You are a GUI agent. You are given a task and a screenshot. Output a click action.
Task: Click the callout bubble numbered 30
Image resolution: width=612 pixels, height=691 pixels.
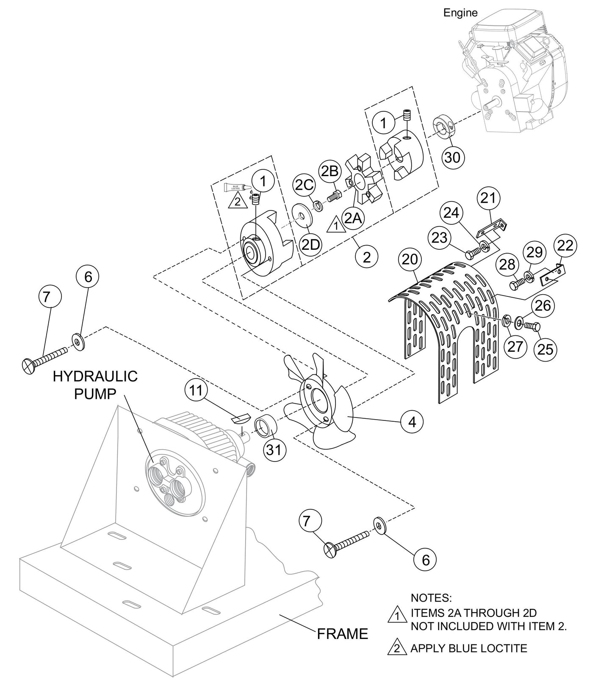tap(453, 157)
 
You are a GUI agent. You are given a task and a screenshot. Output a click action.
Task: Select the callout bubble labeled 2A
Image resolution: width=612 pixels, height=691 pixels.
tap(353, 218)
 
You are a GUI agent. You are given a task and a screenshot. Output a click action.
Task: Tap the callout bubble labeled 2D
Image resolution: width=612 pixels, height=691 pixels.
tap(310, 244)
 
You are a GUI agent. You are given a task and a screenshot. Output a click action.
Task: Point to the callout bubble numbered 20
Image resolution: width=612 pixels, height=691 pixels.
tap(410, 260)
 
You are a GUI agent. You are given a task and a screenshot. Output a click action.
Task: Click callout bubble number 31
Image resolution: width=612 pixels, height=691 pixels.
tap(273, 449)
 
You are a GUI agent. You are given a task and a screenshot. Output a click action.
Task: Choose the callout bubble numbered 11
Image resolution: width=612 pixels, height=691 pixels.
tap(196, 390)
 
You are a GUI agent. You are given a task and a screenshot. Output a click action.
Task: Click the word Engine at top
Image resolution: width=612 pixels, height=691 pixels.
tap(460, 13)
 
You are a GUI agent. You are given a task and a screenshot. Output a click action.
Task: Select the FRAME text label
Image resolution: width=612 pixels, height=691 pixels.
tap(342, 634)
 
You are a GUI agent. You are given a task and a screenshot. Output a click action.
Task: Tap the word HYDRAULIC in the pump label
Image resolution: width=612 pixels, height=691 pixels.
tap(95, 376)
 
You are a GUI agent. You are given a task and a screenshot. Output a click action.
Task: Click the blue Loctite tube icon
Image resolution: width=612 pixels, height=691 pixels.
tap(237, 187)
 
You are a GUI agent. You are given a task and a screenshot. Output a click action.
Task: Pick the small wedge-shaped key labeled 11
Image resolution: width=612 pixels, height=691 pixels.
tap(240, 419)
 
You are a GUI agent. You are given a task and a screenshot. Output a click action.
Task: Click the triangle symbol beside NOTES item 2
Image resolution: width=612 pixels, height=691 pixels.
tap(394, 649)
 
